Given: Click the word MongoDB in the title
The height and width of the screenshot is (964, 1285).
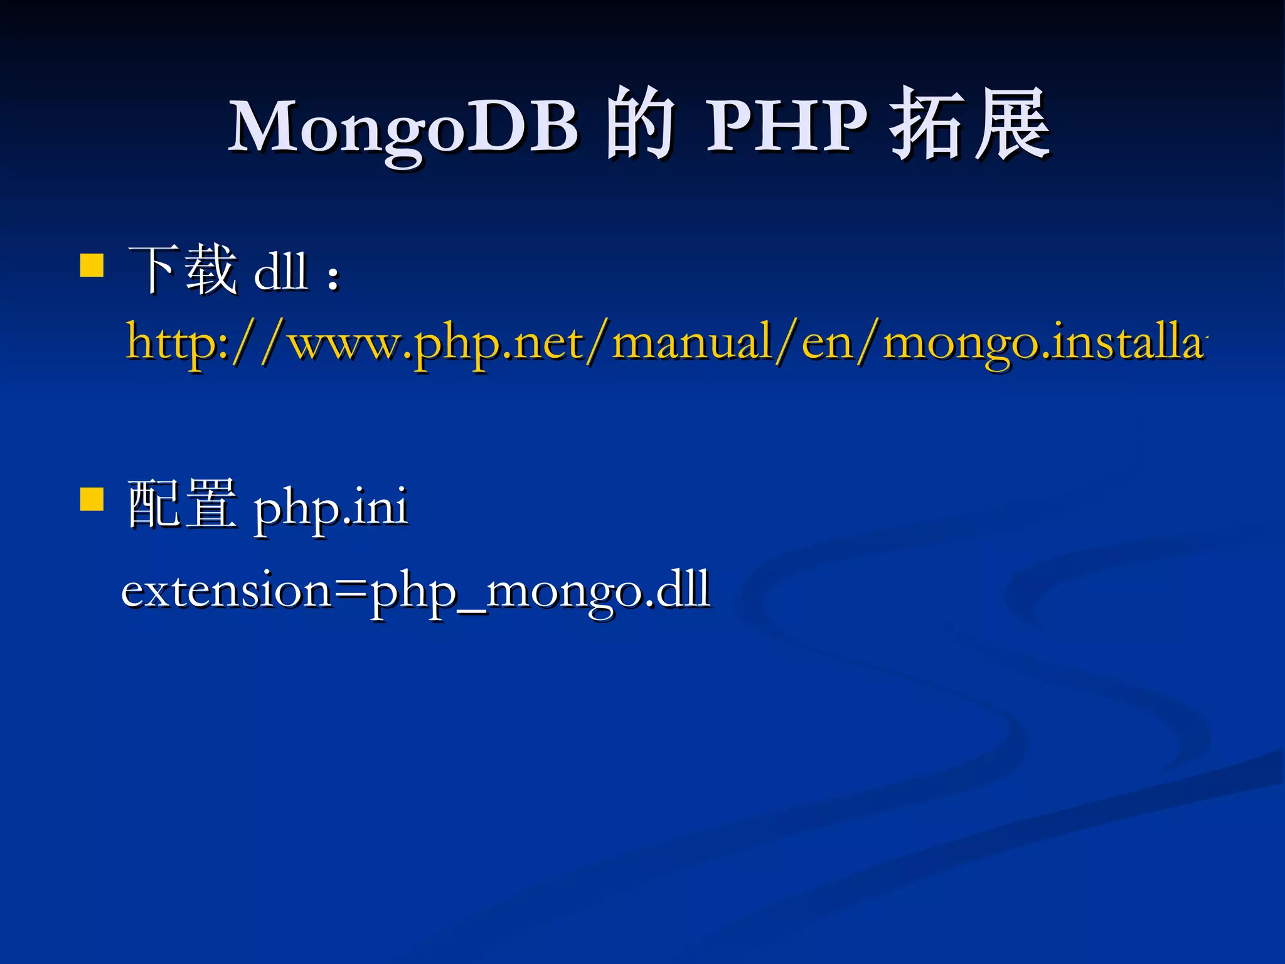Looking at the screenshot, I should tap(402, 127).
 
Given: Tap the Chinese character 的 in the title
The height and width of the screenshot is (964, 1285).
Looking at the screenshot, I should tap(640, 124).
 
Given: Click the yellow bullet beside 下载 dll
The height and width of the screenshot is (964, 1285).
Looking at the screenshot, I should tap(92, 265).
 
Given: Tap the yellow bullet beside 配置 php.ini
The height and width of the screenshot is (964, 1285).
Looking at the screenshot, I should tap(92, 500).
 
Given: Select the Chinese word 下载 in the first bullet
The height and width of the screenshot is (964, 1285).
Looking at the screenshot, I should tap(182, 270).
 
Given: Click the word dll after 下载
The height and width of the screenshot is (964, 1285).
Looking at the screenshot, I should tap(280, 271).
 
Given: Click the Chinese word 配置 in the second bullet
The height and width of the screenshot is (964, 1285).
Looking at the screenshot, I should tap(182, 504).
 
